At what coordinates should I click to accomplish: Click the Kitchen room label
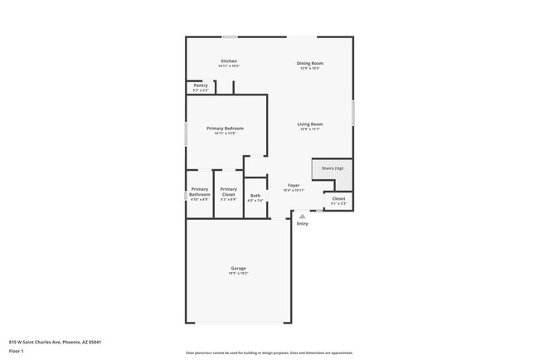[x=229, y=61]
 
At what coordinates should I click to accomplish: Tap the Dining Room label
[x=310, y=63]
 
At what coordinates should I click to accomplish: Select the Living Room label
[x=310, y=124]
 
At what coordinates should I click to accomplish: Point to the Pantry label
[x=201, y=85]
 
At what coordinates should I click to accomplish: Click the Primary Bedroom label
[x=226, y=129]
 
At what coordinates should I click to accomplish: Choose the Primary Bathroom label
[x=200, y=192]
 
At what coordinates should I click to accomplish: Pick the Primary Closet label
[x=229, y=192]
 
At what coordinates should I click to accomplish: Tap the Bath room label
[x=255, y=196]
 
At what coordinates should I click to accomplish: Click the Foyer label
[x=294, y=185]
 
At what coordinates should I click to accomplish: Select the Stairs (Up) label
[x=333, y=168]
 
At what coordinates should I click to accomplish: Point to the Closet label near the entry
[x=338, y=198]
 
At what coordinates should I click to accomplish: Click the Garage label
[x=238, y=268]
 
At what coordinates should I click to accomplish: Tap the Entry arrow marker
[x=302, y=216]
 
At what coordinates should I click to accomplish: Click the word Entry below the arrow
[x=302, y=223]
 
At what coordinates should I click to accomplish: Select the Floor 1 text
[x=15, y=351]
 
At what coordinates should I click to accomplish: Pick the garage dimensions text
[x=238, y=273]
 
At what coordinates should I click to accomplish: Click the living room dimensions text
[x=310, y=129]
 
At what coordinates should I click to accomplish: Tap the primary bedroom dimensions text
[x=226, y=134]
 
